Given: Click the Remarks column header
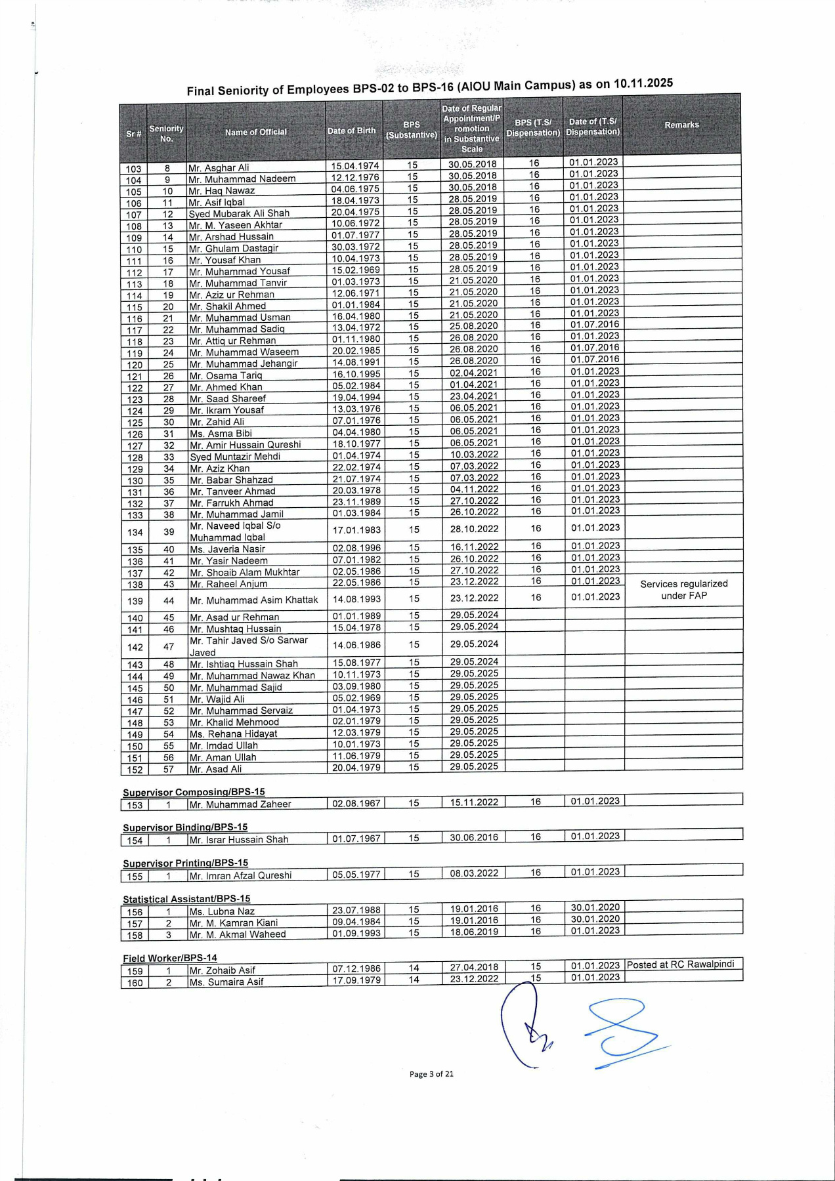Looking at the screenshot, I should tap(681, 125).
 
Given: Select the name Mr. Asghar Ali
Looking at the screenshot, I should tap(219, 167).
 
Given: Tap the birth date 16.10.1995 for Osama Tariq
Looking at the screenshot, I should tap(356, 374).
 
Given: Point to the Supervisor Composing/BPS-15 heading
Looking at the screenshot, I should tap(194, 792).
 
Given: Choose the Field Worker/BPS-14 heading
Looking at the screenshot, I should tap(169, 958).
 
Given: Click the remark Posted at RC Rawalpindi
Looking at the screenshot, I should tap(680, 964).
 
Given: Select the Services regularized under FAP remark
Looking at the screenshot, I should tap(683, 590).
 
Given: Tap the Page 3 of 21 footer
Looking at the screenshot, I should tap(431, 1074).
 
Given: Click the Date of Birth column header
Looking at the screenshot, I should tap(352, 131).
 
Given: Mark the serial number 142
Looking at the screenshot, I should tap(135, 647).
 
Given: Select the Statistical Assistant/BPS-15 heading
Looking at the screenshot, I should tap(186, 899).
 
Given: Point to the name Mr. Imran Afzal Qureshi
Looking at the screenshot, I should tap(240, 875).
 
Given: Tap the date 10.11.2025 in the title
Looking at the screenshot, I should tap(643, 83).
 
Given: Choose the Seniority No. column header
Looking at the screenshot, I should tap(166, 133).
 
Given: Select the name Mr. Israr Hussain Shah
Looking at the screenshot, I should tap(238, 840).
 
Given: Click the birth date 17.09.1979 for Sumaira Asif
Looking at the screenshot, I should tap(356, 980).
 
